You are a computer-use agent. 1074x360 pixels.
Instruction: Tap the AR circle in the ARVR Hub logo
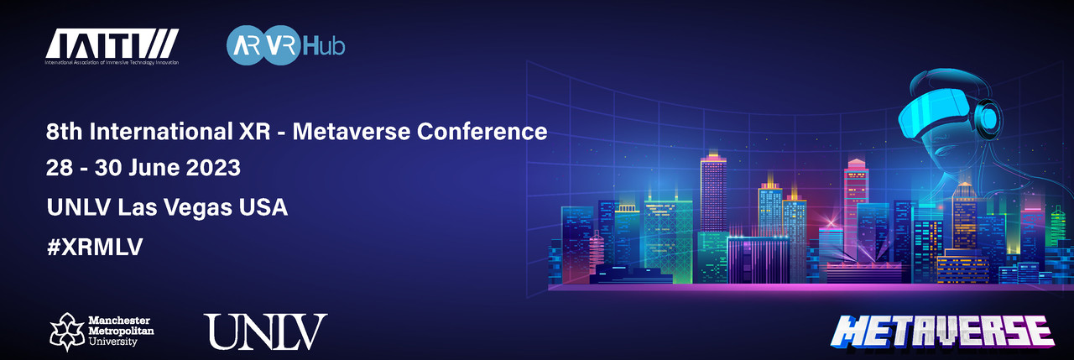[x=247, y=45]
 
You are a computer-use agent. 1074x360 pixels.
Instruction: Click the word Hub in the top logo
[x=324, y=46]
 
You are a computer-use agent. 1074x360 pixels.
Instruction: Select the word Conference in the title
[x=482, y=132]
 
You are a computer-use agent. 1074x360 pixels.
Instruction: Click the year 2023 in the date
[x=213, y=168]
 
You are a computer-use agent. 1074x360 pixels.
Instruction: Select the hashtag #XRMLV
[x=95, y=248]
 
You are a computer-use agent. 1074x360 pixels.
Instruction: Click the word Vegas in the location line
[x=197, y=207]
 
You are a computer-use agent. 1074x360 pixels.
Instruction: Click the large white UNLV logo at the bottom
[x=265, y=331]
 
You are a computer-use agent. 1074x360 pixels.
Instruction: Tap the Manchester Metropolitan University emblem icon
[x=67, y=331]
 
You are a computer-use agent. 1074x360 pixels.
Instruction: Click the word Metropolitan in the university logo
[x=122, y=331]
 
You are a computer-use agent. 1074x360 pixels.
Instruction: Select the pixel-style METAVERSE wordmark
[x=942, y=331]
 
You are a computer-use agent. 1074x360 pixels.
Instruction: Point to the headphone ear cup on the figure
[x=988, y=118]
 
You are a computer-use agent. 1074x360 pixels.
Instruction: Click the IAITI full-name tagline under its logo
[x=112, y=62]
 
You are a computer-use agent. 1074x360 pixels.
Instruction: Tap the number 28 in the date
[x=59, y=168]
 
